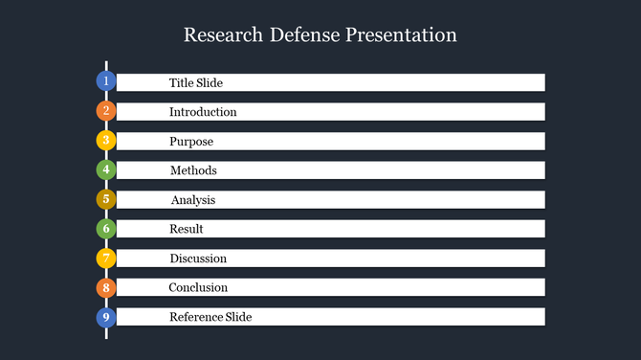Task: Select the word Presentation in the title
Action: click(403, 35)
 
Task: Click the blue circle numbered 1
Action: click(106, 81)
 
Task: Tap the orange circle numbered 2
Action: click(106, 111)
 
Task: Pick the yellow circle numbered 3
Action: click(106, 141)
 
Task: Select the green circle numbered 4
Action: click(106, 170)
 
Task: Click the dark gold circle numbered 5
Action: click(106, 200)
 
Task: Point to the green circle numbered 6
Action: click(106, 229)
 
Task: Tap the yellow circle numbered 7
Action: click(106, 259)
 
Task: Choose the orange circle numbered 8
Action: click(106, 287)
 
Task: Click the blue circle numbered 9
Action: click(106, 317)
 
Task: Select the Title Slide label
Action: click(196, 83)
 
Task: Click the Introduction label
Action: click(203, 112)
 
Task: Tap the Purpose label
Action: click(191, 142)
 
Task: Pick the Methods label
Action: click(193, 170)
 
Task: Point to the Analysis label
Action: click(193, 200)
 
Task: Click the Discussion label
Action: click(198, 259)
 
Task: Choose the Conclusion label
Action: click(198, 287)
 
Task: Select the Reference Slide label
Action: click(210, 317)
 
